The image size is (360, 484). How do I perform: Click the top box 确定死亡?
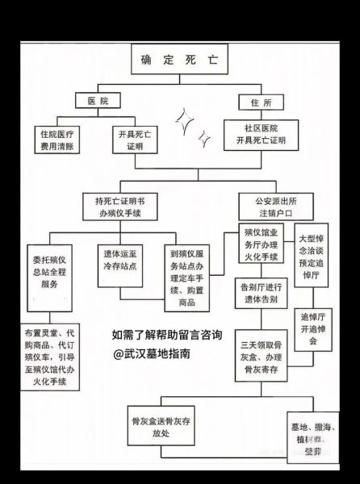point(178,60)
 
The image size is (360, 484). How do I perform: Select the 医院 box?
point(98,102)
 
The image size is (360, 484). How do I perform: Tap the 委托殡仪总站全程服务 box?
point(55,277)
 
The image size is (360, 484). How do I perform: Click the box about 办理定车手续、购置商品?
point(191,277)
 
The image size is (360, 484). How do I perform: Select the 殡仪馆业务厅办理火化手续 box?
point(260,244)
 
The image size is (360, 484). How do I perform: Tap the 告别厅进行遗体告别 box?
point(260,293)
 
